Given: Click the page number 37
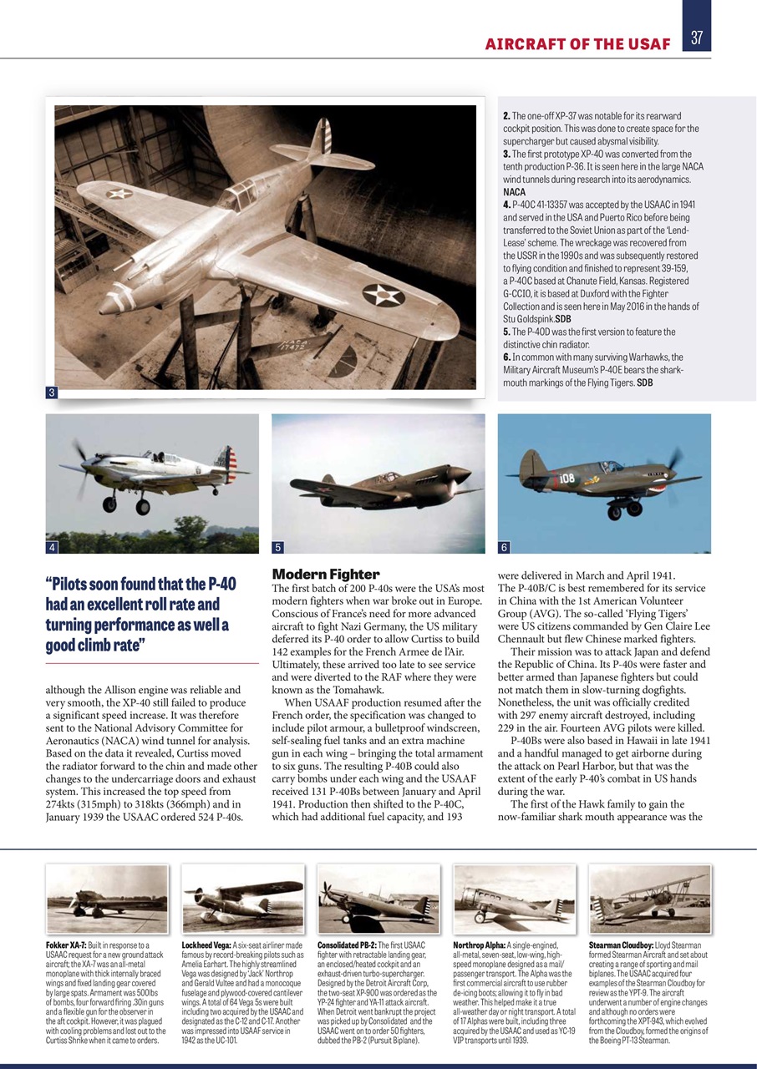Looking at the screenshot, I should coord(696,37).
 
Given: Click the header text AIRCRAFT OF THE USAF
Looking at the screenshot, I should coord(577,43).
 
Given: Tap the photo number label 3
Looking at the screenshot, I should coord(51,393).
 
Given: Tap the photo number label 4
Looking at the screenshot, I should coord(52,547).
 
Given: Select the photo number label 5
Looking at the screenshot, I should coord(278,548).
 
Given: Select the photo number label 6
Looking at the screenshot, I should coord(504,548).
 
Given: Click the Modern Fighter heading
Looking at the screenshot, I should coord(325,574).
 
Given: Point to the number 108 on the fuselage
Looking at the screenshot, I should coord(566,479).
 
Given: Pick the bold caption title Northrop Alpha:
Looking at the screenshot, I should coord(479,945).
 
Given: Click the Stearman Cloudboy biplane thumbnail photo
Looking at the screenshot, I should coord(650,898).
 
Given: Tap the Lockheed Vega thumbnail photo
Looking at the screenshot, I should coord(242,898).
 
